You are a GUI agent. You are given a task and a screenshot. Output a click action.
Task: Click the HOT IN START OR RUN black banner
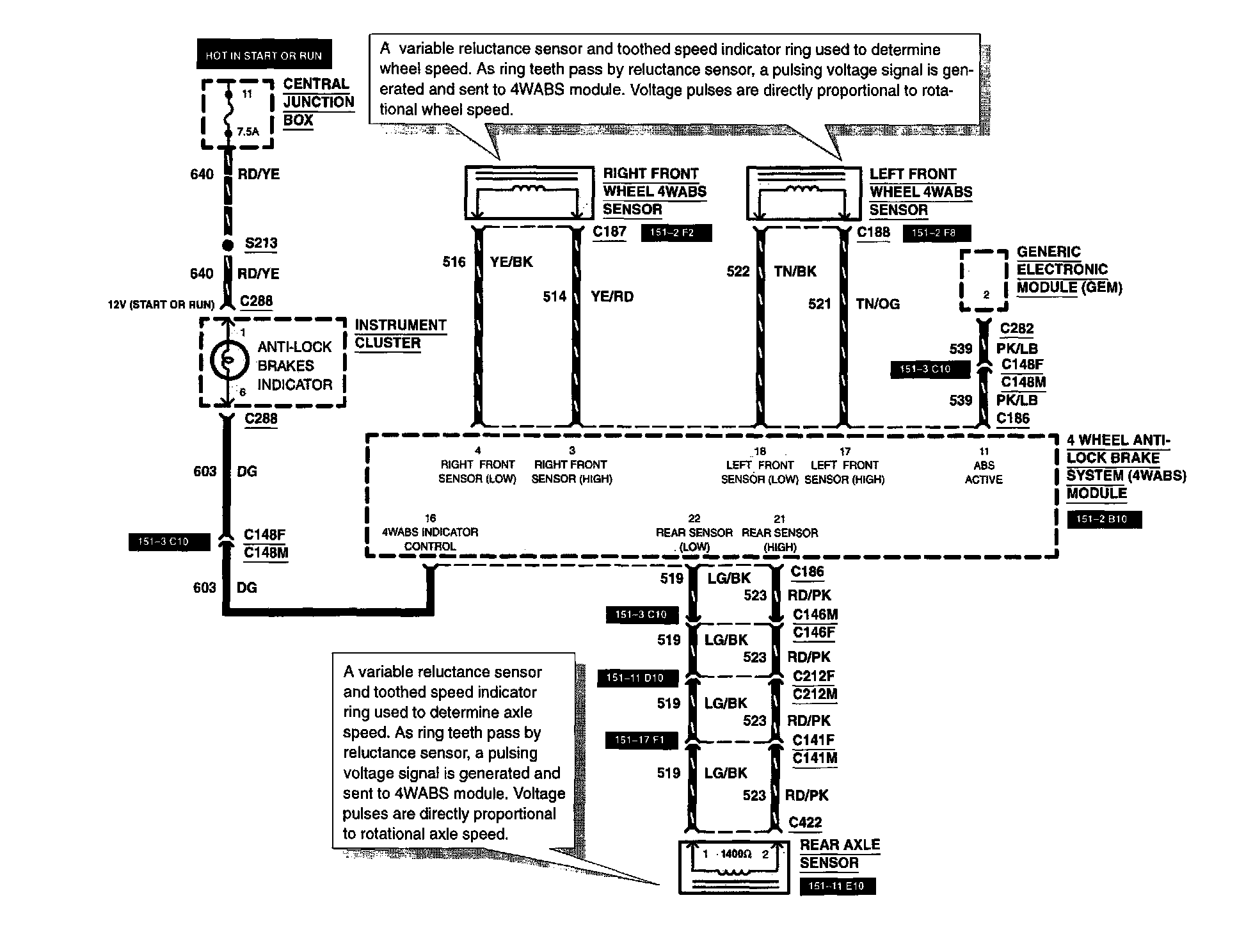(264, 56)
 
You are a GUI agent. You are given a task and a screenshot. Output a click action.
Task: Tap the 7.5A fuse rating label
(248, 132)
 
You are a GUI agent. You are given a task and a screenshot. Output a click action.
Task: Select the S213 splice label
(261, 243)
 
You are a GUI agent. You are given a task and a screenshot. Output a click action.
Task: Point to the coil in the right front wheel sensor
(529, 188)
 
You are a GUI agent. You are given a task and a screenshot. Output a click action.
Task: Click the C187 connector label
(609, 232)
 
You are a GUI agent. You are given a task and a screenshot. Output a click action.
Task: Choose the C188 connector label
(874, 232)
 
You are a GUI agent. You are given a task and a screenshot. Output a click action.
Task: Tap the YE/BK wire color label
(511, 262)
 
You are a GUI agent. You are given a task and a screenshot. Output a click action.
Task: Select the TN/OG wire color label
(878, 304)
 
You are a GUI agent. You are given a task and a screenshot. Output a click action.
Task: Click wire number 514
(555, 296)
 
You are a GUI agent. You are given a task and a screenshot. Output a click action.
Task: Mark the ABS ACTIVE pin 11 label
(984, 465)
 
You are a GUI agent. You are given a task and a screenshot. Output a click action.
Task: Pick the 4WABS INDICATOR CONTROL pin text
(430, 533)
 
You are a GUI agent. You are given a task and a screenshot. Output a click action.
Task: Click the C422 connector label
(805, 823)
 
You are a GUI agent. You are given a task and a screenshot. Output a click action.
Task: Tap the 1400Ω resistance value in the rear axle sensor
(735, 854)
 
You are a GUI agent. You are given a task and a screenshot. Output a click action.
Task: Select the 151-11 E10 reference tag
(836, 887)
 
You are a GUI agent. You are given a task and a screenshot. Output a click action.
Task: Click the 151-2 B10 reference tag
(1104, 519)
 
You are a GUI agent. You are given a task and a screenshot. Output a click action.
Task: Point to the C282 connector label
(1017, 328)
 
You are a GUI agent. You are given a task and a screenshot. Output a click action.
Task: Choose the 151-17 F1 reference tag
(639, 741)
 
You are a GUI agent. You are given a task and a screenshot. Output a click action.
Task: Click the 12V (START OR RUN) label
(161, 305)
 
